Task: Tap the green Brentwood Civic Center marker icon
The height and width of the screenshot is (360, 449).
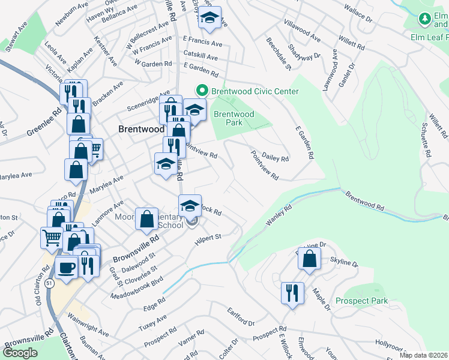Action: pyautogui.click(x=202, y=91)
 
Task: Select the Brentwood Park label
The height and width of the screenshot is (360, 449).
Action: pyautogui.click(x=234, y=118)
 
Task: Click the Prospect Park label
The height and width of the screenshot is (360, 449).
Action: pyautogui.click(x=361, y=301)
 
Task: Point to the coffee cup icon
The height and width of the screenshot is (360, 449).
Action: pyautogui.click(x=66, y=267)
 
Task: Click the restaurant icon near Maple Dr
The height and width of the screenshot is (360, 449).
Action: pyautogui.click(x=292, y=294)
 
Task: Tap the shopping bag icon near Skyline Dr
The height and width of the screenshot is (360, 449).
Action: pyautogui.click(x=309, y=259)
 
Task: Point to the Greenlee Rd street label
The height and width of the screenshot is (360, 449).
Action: pyautogui.click(x=44, y=122)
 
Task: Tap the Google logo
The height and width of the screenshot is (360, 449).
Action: pyautogui.click(x=20, y=353)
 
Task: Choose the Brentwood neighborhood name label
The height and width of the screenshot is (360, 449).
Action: pyautogui.click(x=141, y=129)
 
